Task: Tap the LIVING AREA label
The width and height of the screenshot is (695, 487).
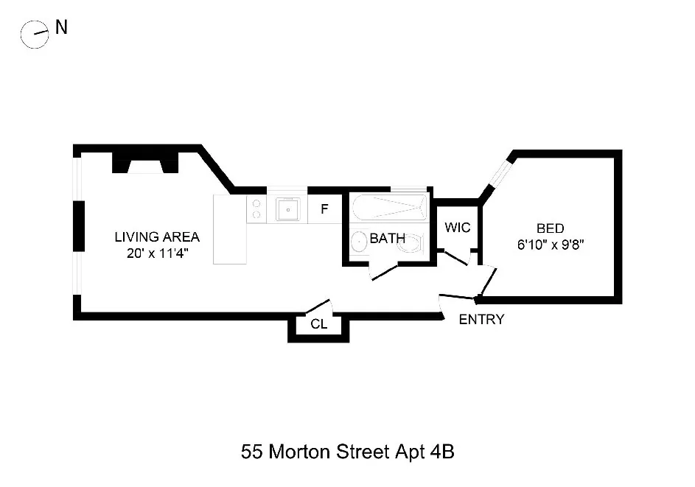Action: tap(156, 237)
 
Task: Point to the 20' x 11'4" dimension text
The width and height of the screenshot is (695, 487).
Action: tap(156, 253)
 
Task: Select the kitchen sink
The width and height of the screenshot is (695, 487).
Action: tap(287, 210)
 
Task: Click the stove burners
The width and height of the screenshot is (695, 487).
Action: tap(256, 209)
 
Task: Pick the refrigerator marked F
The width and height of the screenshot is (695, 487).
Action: tap(324, 209)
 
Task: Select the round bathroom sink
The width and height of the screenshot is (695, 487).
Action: tap(359, 241)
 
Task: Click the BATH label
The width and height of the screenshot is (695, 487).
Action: tap(387, 239)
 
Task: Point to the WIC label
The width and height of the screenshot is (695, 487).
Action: tap(457, 227)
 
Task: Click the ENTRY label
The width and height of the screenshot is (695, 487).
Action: tap(481, 319)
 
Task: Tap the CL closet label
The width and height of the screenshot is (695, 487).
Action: tap(318, 323)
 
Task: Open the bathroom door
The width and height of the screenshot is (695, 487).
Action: tap(384, 273)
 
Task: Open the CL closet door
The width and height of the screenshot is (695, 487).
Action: tap(318, 306)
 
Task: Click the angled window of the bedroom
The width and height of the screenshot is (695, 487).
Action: tap(499, 175)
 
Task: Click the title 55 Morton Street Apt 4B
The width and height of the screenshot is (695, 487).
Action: tap(347, 451)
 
